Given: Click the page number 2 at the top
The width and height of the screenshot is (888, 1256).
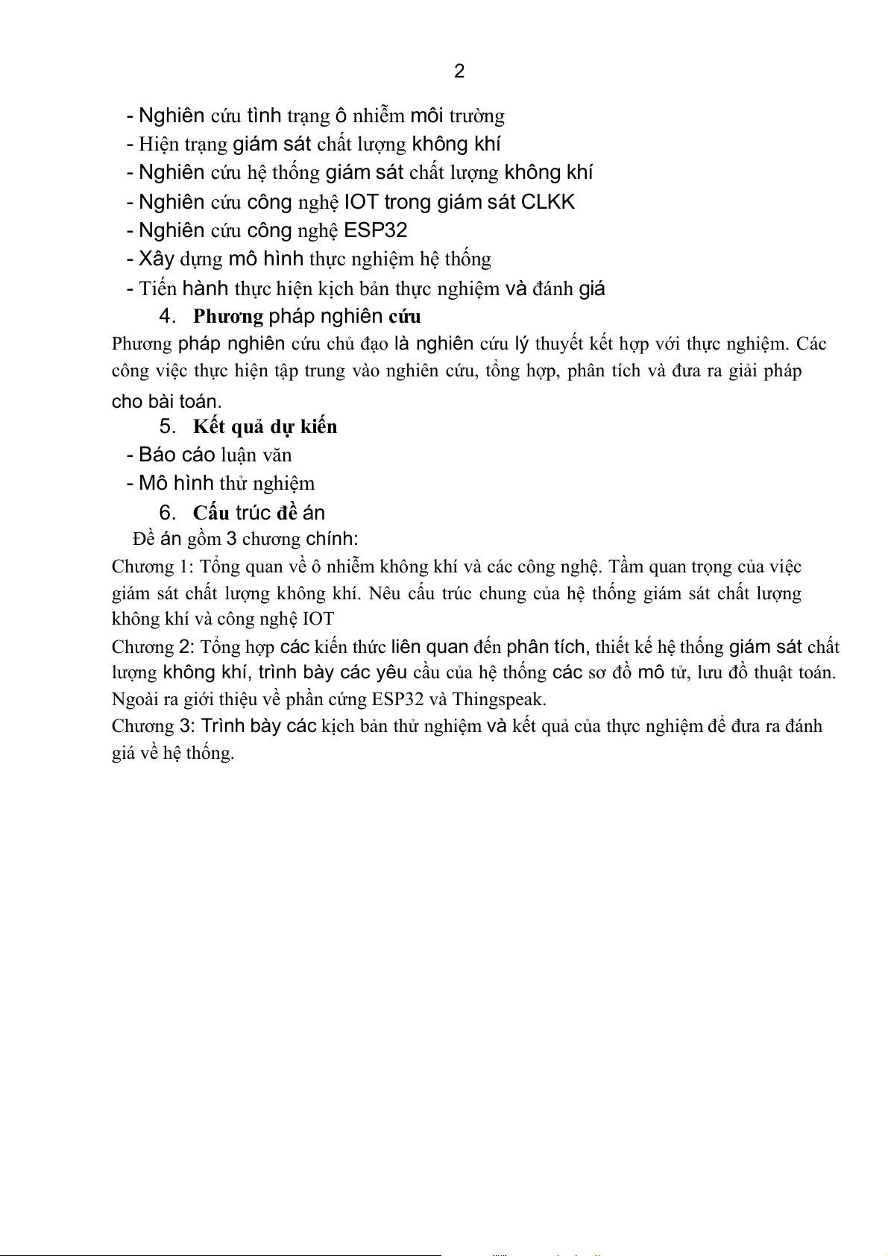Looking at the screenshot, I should [x=459, y=72].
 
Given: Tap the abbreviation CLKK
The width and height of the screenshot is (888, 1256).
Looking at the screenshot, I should [x=548, y=202].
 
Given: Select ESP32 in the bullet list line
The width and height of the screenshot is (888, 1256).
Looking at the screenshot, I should [x=376, y=230].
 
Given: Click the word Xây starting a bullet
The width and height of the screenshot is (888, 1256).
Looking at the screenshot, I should [x=157, y=259].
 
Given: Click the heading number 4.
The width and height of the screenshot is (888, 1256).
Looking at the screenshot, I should [x=167, y=316].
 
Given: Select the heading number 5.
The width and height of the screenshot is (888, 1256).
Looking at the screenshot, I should [x=167, y=426].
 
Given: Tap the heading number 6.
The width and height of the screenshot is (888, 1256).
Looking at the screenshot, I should [x=167, y=513].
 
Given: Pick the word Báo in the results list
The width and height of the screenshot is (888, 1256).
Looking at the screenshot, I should [x=157, y=455].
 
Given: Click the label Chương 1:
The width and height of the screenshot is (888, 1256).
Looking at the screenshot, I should [x=153, y=567].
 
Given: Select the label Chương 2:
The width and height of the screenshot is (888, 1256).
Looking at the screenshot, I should [x=153, y=646].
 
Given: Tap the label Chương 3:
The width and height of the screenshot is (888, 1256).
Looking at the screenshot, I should [x=153, y=726].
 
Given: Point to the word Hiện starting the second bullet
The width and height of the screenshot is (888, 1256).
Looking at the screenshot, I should [x=158, y=144].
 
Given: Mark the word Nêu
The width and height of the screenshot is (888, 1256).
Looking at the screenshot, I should [x=385, y=593].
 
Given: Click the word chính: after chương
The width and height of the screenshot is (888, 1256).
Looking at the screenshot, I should [x=332, y=539].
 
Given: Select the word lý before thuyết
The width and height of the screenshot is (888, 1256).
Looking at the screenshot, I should [x=522, y=344].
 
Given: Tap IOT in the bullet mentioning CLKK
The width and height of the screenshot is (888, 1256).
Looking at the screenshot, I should [x=362, y=202].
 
